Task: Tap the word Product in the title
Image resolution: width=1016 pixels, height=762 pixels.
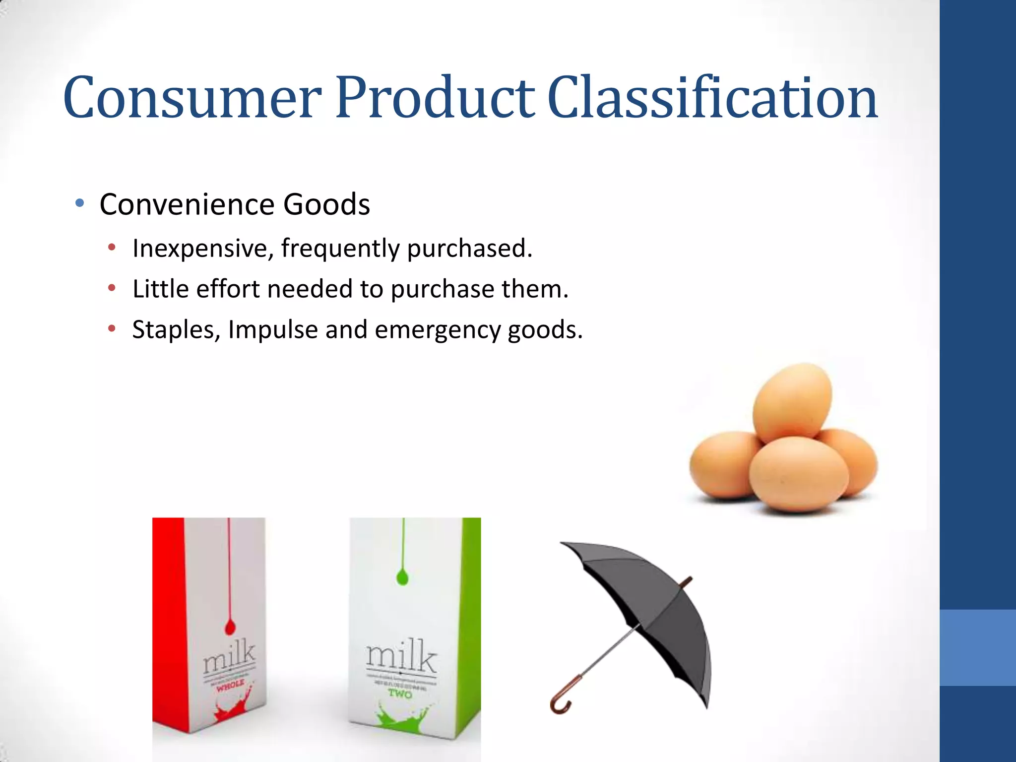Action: tap(435, 98)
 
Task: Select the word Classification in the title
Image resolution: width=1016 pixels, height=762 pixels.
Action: tap(712, 98)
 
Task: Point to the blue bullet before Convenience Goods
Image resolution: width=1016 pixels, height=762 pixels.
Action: tap(79, 203)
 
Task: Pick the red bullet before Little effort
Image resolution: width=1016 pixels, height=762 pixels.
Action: tap(112, 288)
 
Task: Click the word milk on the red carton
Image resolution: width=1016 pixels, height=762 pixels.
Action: tap(229, 657)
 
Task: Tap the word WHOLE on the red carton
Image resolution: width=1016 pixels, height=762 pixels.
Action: tap(230, 685)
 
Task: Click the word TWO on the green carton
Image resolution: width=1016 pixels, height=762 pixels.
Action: tap(400, 693)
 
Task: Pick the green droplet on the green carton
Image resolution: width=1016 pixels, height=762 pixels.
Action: tap(402, 577)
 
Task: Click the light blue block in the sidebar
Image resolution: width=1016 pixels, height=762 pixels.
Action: tap(977, 647)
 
